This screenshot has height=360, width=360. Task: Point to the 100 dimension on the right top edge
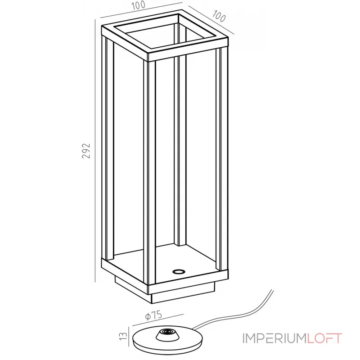click(x=217, y=17)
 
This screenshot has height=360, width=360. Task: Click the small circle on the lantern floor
click(x=178, y=271)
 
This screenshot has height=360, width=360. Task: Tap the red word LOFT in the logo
click(x=324, y=338)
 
